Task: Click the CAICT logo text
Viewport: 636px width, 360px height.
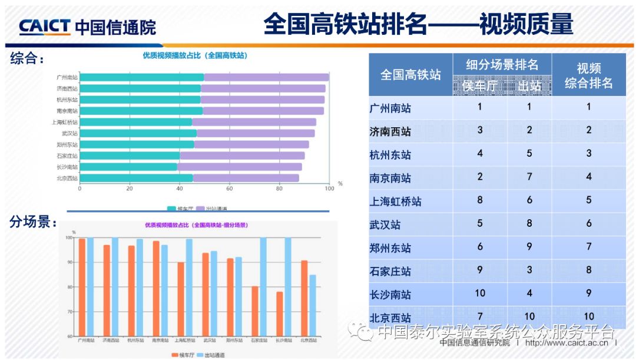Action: [45, 27]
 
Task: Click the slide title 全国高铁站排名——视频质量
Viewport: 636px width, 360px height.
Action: [418, 25]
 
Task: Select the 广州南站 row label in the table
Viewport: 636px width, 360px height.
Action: [390, 108]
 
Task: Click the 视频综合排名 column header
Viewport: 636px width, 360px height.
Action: [588, 75]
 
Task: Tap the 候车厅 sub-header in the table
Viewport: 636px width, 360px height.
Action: [479, 86]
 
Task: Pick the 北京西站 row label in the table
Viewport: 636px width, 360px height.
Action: [390, 318]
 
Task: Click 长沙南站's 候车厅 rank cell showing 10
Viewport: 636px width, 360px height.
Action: [479, 293]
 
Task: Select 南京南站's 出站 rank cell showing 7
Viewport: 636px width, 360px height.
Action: [529, 177]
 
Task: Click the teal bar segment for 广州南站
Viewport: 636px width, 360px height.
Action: [142, 77]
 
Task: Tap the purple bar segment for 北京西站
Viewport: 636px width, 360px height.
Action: [246, 178]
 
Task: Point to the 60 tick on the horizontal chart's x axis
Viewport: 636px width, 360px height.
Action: [229, 189]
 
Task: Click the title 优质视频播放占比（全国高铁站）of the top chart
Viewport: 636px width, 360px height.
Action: [195, 55]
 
